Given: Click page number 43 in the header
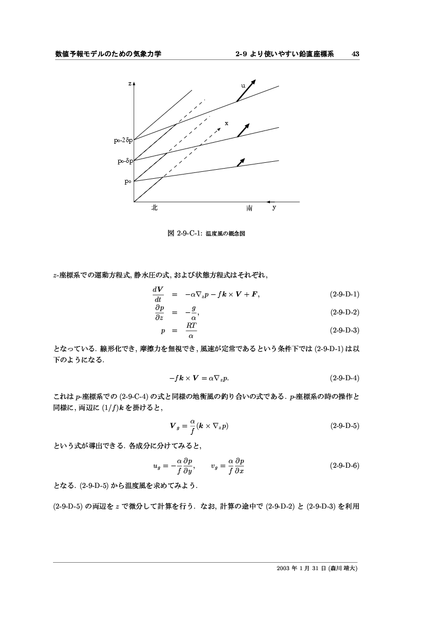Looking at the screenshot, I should coord(356,54).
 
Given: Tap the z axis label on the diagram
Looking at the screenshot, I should coord(129,84).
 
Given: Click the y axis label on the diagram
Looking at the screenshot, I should coord(274,208).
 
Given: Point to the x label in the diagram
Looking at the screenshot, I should coord(226,123).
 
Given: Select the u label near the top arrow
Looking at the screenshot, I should coord(243,85).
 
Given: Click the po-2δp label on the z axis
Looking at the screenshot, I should coord(122,141).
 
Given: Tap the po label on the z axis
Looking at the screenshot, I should coord(127,181).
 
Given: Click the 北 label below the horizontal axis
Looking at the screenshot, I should coord(154,208).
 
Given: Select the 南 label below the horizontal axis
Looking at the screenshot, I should coord(249,209).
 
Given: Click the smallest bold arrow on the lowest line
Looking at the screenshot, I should coord(241,162).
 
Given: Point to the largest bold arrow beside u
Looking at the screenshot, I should coord(246,90).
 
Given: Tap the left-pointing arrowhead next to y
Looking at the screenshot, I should coord(269,202).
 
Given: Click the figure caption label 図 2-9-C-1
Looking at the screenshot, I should coord(185,233).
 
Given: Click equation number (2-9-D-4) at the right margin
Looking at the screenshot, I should coord(345,378).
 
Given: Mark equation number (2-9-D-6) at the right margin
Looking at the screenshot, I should coord(345,466).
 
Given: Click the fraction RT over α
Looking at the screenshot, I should coord(191,330).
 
